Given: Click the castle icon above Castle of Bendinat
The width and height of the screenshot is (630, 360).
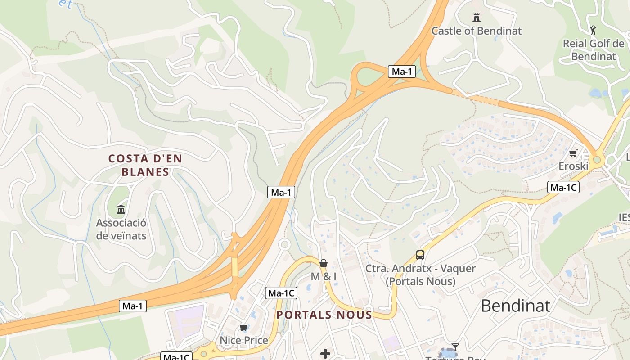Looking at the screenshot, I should (477, 18).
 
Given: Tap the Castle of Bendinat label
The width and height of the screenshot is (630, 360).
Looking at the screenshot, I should (477, 31).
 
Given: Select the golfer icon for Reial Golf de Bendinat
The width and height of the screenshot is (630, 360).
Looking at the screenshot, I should (594, 31).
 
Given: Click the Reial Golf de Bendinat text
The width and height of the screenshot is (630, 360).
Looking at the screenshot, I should (594, 50).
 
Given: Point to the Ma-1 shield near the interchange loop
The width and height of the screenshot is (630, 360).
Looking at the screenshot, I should (402, 71).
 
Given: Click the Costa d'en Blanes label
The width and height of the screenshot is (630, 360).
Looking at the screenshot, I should (145, 165).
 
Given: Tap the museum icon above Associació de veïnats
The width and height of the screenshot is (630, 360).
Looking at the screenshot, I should (121, 209).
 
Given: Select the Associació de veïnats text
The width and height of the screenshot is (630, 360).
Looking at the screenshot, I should (121, 229).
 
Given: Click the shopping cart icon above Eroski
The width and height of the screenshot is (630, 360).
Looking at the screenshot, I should (573, 153).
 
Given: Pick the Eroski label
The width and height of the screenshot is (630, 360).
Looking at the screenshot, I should (573, 166).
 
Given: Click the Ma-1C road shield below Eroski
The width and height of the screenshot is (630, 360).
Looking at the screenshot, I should (563, 188).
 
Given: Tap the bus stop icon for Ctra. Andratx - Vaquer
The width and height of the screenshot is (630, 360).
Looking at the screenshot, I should (420, 255).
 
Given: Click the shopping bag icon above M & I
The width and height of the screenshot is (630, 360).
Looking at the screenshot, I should (324, 263).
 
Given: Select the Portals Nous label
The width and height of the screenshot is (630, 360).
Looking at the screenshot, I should (324, 315).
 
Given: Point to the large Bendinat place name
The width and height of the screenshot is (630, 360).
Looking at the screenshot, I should (515, 306).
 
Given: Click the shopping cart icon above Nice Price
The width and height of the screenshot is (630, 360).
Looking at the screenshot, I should (244, 327).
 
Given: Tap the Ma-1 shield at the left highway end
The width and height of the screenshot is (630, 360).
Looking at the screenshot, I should (133, 306).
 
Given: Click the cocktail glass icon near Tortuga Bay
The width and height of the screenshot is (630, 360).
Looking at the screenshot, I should (455, 347).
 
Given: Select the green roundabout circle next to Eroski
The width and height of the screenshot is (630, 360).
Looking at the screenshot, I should (597, 159).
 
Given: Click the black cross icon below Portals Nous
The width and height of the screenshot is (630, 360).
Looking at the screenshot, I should (325, 354).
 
